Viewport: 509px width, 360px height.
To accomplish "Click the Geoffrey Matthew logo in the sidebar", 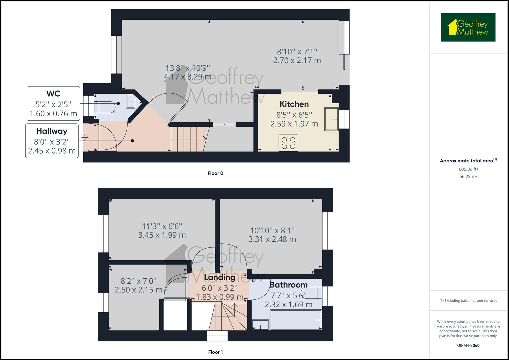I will click(x=468, y=27).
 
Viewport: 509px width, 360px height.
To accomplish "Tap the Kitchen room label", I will click(x=294, y=104).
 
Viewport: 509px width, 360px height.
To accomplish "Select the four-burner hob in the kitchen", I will click(x=288, y=143).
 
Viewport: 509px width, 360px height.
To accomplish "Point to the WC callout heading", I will click(x=53, y=93).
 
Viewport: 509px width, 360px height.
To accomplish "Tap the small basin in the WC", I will click(x=130, y=101).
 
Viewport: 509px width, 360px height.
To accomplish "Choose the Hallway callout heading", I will click(x=52, y=131).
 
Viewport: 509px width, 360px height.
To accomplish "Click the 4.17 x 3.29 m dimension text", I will click(x=188, y=77).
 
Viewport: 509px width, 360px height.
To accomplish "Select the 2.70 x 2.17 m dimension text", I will click(x=297, y=60).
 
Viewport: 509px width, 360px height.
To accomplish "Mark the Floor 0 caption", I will click(x=215, y=173).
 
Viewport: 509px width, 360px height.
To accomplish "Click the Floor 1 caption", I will click(x=215, y=352).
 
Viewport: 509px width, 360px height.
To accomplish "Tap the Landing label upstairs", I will click(x=219, y=277).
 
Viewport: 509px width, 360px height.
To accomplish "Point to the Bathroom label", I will click(x=288, y=285).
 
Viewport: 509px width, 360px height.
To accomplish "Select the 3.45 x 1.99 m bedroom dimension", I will click(x=162, y=235).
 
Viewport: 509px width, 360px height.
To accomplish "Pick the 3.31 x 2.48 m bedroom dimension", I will click(x=272, y=239).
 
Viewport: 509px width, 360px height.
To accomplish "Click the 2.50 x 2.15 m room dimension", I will click(x=138, y=290).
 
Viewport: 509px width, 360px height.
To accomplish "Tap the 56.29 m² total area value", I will click(x=468, y=177).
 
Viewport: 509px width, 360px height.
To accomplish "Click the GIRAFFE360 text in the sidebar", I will click(x=468, y=345).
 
